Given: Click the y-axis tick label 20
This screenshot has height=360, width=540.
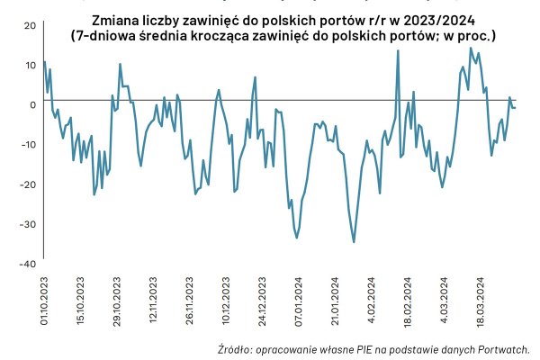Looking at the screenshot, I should (29, 24).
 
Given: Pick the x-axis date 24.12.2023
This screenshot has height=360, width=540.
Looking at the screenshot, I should (262, 296).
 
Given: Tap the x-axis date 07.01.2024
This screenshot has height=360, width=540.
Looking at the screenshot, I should (299, 296).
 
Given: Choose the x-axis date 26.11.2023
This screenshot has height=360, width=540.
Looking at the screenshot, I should (189, 296).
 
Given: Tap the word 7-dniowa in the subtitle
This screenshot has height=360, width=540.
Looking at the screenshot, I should (109, 37).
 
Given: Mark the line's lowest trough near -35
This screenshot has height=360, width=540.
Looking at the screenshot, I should (354, 242).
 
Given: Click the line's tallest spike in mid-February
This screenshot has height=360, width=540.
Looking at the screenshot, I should (398, 50).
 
